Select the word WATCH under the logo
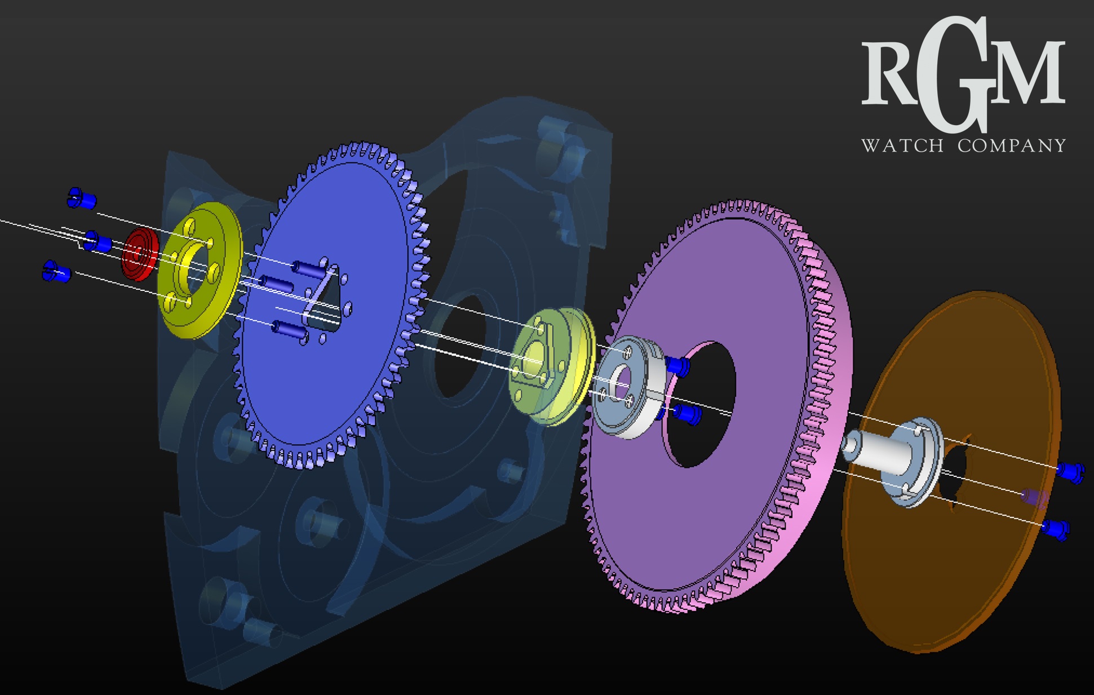[x=902, y=145]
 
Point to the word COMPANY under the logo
[x=1012, y=145]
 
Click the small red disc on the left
[x=139, y=254]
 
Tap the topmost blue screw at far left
[x=81, y=198]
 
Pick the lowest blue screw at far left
[x=56, y=271]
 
